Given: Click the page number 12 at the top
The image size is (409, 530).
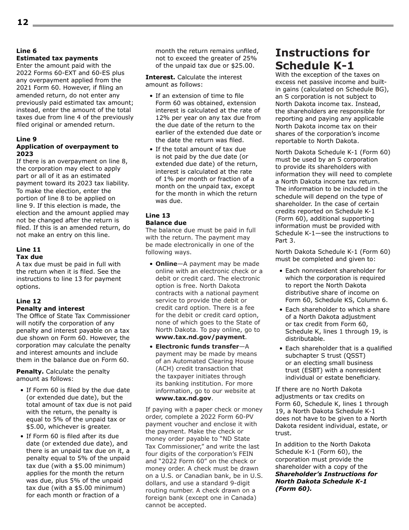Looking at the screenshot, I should coord(22,22).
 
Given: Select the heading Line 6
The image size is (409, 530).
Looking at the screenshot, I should coord(26,51).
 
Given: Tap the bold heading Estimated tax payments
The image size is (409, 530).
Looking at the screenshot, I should coord(57,58).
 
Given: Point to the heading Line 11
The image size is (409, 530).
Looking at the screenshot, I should coord(28,249).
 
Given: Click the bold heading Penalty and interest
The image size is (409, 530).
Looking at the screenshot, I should coord(50,309).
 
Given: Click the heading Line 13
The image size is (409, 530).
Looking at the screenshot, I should coord(158,215).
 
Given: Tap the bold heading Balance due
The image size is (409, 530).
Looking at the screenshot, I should coord(166,223).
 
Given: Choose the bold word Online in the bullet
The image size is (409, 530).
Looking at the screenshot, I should coord(166,264).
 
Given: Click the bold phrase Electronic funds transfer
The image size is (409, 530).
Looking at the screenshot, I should coord(197,346).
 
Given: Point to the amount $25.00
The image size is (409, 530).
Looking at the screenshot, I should coord(245,66).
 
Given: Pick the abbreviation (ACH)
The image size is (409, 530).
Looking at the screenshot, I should coord(164,368).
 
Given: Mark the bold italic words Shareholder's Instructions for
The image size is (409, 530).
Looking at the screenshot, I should coord(326,474).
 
